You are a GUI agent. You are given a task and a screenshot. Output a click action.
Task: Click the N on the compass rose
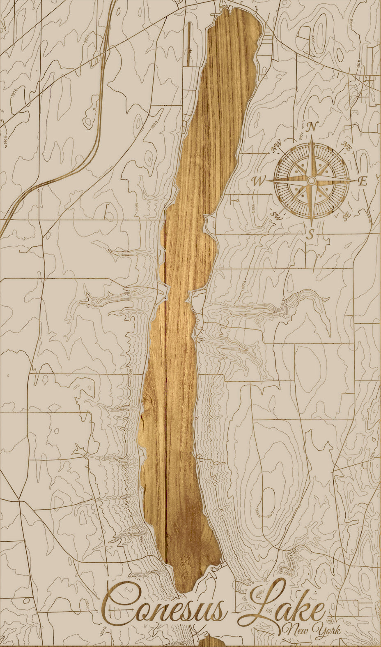coord(312,127)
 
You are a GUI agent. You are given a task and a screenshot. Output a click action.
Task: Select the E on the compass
coord(363,181)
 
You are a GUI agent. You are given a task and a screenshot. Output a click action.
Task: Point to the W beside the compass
coord(259,181)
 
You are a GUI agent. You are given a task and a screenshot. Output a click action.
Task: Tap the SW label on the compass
coord(276,215)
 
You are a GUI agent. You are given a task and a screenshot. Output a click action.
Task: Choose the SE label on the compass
coord(347,215)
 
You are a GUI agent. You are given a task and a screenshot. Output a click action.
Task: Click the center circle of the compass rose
coord(312,181)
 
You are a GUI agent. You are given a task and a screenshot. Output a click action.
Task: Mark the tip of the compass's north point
coord(312,137)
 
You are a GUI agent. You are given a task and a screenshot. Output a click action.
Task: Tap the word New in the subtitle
coord(296,630)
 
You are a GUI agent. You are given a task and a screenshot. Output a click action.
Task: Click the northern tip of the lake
coord(238,10)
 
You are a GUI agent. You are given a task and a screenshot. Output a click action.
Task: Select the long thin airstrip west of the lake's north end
coord(189,43)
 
